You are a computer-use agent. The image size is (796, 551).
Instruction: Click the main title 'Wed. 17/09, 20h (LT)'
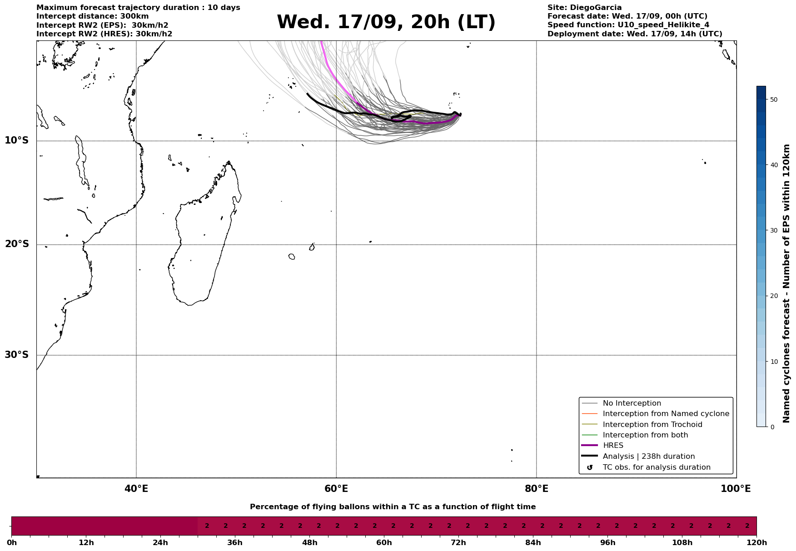pyautogui.click(x=386, y=22)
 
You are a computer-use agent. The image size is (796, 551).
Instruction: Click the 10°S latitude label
pyautogui.click(x=17, y=140)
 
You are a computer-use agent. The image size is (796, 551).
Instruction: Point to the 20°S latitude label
pyautogui.click(x=17, y=244)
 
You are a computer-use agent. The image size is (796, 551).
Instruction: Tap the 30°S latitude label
pyautogui.click(x=17, y=355)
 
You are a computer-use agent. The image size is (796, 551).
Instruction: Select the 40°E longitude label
pyautogui.click(x=136, y=489)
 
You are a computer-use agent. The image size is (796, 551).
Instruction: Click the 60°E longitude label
pyautogui.click(x=336, y=489)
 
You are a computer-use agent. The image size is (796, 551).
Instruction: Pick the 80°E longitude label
pyautogui.click(x=536, y=489)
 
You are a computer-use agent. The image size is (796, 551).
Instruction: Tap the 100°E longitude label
pyautogui.click(x=736, y=489)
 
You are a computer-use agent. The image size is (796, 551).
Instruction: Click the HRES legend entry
pyautogui.click(x=612, y=446)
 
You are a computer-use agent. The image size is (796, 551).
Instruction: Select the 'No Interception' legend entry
pyautogui.click(x=632, y=403)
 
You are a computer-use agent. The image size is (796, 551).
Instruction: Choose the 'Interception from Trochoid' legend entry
pyautogui.click(x=652, y=425)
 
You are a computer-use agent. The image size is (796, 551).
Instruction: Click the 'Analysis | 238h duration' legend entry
pyautogui.click(x=648, y=457)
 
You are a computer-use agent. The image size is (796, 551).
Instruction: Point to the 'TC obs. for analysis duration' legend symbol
pyautogui.click(x=590, y=467)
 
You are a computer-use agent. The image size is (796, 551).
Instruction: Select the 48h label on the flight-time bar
pyautogui.click(x=309, y=542)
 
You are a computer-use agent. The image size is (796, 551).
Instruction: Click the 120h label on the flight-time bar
pyautogui.click(x=756, y=542)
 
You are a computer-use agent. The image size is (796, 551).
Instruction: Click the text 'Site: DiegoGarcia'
pyautogui.click(x=584, y=8)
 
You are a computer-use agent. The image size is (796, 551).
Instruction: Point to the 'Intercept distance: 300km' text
pyautogui.click(x=92, y=16)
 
